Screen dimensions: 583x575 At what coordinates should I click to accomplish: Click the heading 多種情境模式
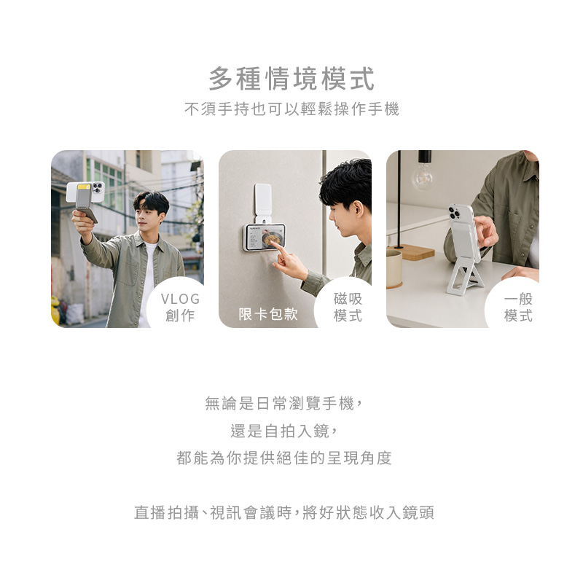(291, 79)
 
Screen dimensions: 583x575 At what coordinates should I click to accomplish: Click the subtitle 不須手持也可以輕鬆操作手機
(291, 109)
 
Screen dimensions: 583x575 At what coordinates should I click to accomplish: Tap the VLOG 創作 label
(180, 308)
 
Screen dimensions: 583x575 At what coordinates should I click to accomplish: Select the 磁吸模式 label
(348, 308)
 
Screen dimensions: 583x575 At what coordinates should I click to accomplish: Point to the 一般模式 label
(518, 308)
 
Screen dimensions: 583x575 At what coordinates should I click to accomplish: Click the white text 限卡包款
(268, 314)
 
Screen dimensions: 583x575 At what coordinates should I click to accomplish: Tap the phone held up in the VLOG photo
(85, 192)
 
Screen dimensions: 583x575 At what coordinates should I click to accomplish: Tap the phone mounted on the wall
(264, 237)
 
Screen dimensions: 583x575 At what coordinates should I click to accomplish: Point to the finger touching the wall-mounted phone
(277, 246)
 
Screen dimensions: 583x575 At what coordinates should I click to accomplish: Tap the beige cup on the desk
(394, 268)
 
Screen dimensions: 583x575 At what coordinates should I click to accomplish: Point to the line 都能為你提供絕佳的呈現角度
(284, 458)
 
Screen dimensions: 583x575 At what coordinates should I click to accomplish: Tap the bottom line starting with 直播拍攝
(284, 512)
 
